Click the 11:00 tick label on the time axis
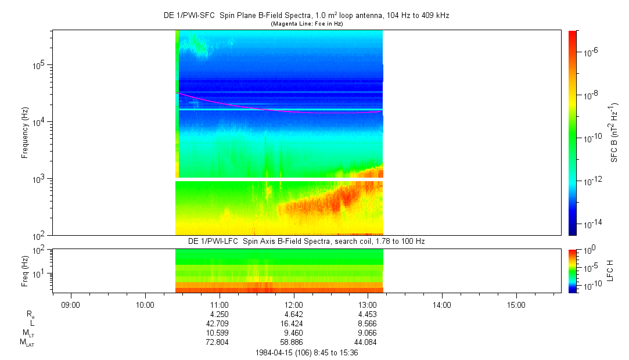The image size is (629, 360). [219, 305]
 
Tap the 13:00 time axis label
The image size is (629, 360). [368, 305]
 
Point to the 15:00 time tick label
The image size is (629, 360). [516, 305]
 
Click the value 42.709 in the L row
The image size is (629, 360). [219, 323]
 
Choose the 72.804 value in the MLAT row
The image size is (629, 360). [219, 343]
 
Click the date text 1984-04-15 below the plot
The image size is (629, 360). [275, 352]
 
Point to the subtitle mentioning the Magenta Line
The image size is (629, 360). [306, 23]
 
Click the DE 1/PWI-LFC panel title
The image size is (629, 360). [306, 241]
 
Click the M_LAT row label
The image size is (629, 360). [27, 343]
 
